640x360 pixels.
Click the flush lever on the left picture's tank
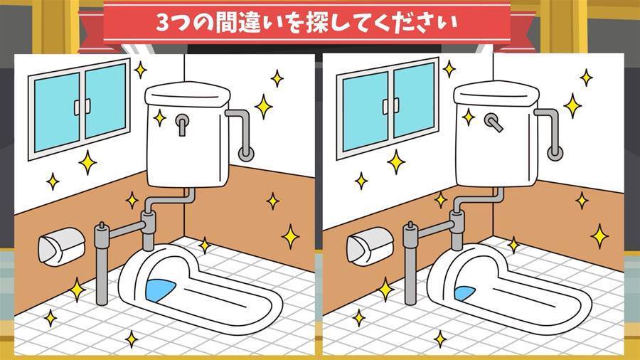[x=182, y=124]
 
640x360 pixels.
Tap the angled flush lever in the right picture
[x=494, y=122]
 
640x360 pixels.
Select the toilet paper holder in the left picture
[x=61, y=247]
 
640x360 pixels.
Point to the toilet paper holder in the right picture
[x=370, y=247]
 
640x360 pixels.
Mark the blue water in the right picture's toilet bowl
[x=464, y=293]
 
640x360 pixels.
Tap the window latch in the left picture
[x=82, y=107]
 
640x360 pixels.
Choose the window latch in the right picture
[x=390, y=107]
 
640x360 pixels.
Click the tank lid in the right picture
[x=496, y=94]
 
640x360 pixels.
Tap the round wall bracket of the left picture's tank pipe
[x=246, y=153]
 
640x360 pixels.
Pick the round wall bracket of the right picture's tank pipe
[x=555, y=153]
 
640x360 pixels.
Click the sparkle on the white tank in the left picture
[x=159, y=118]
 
